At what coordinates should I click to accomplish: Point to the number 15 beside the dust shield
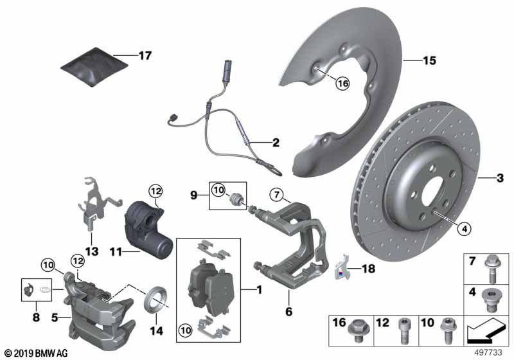[429, 61]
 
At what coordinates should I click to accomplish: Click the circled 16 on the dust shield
[341, 83]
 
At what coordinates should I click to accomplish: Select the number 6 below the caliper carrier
[288, 311]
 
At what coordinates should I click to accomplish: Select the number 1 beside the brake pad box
[259, 291]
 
